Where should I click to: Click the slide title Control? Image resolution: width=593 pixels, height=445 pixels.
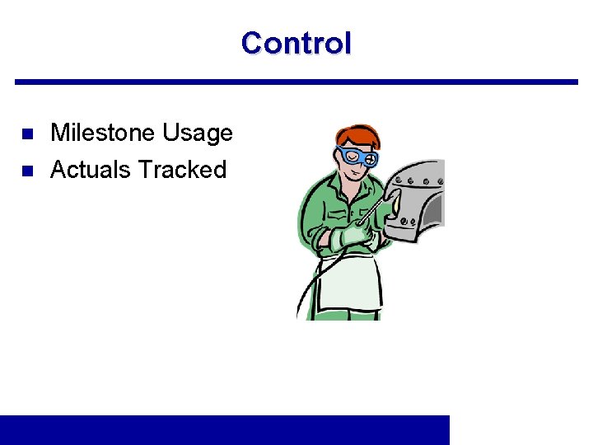296,43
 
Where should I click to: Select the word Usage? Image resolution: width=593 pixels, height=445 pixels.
198,133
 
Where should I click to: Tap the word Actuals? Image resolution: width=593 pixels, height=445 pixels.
91,170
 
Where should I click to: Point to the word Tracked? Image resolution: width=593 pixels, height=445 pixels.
182,170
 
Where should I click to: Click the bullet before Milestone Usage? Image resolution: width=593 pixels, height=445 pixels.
26,133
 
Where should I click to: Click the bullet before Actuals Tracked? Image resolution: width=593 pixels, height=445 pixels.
26,171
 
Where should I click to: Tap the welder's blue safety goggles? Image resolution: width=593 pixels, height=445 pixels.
358,157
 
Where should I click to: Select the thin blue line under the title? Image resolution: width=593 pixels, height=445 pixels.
296,82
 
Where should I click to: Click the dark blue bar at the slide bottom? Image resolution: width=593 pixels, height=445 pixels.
225,429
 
